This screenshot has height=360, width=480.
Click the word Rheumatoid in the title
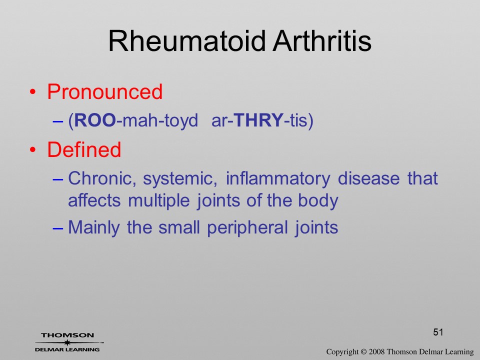186,41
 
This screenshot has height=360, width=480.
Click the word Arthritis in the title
322,41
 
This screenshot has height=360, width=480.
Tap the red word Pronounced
104,91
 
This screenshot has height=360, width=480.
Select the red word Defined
84,149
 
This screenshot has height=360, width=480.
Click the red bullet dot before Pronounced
33,92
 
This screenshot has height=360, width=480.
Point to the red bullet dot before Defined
33,150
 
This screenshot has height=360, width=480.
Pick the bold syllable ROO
95,120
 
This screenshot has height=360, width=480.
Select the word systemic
180,179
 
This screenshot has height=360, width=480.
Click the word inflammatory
278,179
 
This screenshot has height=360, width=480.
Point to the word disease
368,178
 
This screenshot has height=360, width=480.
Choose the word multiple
159,201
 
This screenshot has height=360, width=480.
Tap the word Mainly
93,228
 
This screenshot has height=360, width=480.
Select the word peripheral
247,228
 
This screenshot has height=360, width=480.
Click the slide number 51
438,332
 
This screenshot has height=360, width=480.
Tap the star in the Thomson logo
67,342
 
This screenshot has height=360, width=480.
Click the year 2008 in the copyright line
376,352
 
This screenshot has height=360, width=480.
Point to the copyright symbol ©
363,352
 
